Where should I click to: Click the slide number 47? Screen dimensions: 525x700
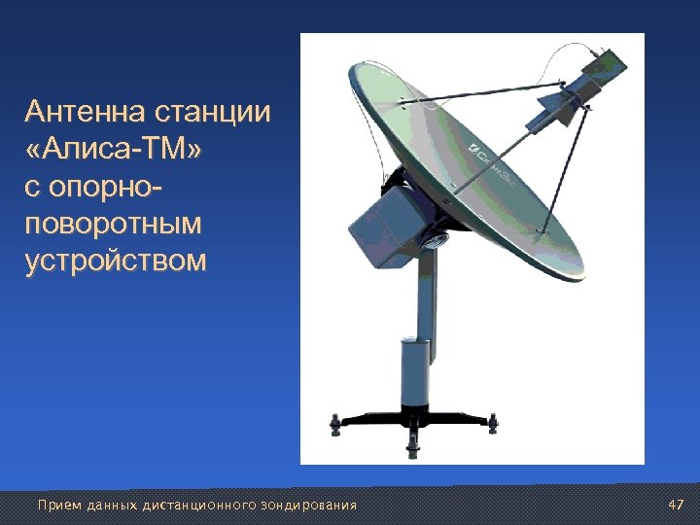pos(677,505)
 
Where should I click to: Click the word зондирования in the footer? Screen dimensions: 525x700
pos(309,505)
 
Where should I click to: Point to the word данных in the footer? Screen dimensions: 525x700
pos(113,505)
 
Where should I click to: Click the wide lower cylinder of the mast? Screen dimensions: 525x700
pos(415,373)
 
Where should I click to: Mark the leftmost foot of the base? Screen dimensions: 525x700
pos(336,425)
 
